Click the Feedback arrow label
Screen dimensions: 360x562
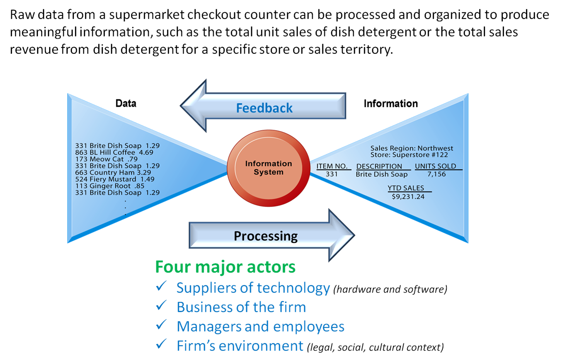click(264, 108)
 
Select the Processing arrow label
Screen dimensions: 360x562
click(266, 236)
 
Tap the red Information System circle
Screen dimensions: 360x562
click(269, 168)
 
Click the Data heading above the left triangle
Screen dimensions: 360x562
click(126, 103)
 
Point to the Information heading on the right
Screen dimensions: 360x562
click(390, 104)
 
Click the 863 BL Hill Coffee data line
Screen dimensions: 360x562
click(114, 152)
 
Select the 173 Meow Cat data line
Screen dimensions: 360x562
click(106, 159)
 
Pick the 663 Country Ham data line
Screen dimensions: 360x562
click(113, 172)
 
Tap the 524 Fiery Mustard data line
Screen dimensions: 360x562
click(115, 179)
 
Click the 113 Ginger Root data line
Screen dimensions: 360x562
click(110, 186)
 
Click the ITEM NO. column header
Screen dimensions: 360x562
click(332, 166)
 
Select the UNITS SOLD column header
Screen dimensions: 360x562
click(435, 166)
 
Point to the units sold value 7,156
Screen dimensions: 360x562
click(436, 174)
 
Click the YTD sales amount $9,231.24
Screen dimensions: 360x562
click(408, 196)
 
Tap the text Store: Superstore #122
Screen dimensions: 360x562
click(409, 155)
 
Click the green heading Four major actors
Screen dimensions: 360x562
click(225, 267)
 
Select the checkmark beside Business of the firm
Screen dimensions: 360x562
click(161, 305)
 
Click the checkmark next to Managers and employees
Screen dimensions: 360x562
click(161, 325)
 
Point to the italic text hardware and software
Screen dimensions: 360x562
click(390, 289)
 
